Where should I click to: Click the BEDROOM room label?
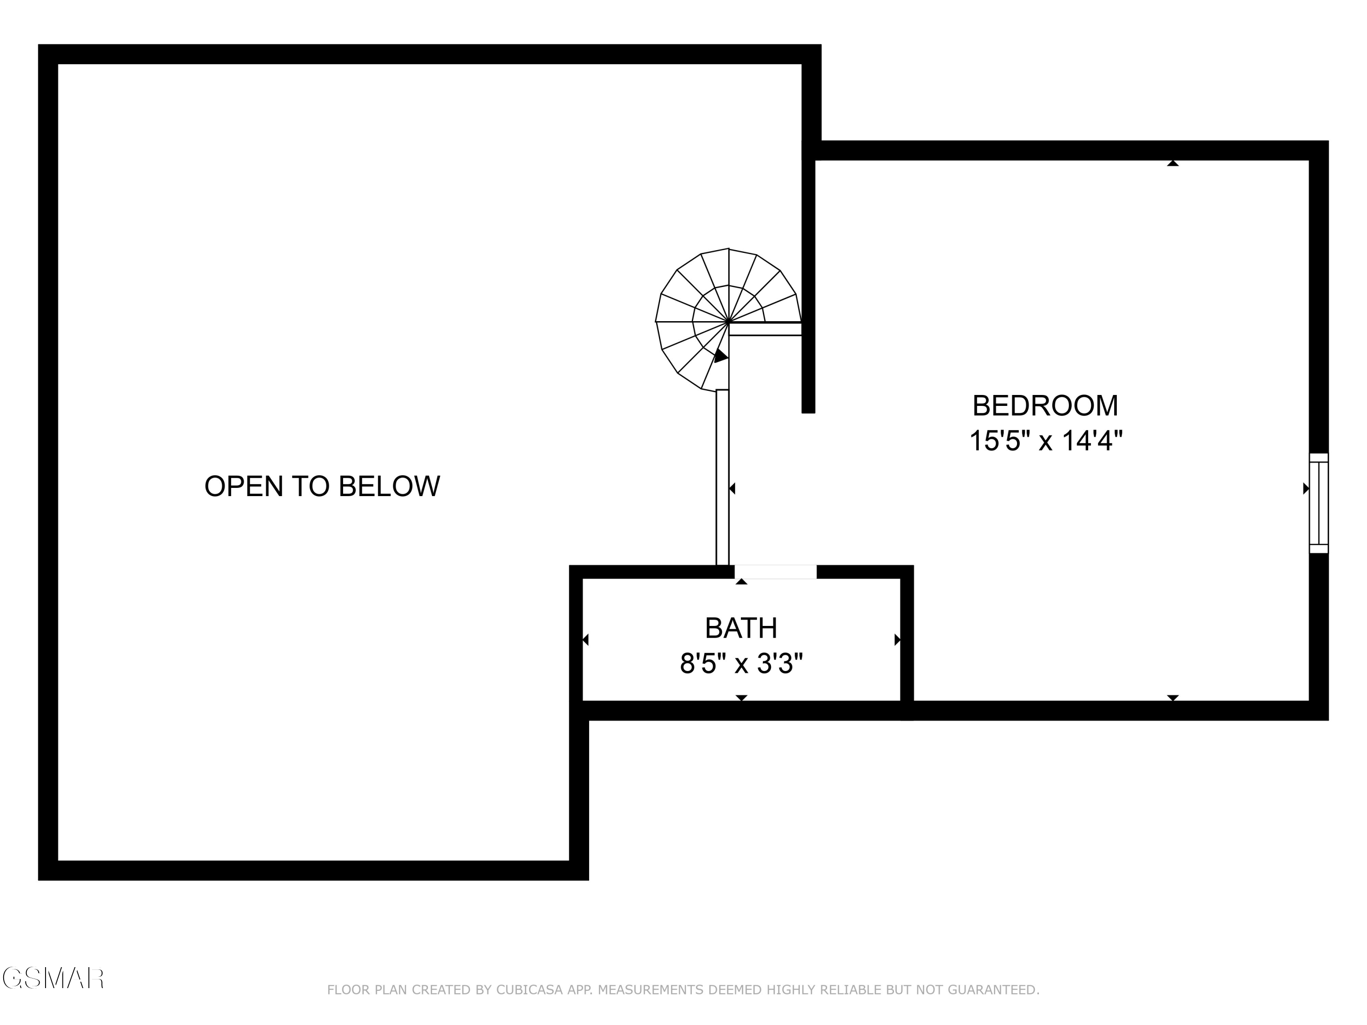[x=1045, y=406]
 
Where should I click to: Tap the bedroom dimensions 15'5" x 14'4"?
[x=1045, y=441]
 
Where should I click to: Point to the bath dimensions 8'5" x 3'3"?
[x=741, y=664]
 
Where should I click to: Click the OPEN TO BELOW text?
[x=322, y=486]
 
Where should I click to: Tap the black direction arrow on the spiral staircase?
[x=720, y=357]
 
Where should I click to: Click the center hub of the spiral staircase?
[x=729, y=322]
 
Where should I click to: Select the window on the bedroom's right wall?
[x=1318, y=503]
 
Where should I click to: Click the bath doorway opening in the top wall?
[x=775, y=572]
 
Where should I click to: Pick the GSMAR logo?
[x=52, y=978]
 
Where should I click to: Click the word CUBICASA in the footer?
[x=529, y=990]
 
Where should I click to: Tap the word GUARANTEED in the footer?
[x=992, y=990]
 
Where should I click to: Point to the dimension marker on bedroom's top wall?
[x=1173, y=164]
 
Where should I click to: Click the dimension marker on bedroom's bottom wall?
[x=1173, y=697]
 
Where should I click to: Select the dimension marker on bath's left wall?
[x=585, y=640]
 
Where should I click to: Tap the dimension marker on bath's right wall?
[x=897, y=640]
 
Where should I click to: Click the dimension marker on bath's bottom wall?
[x=741, y=697]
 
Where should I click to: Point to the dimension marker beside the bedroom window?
[x=1305, y=489]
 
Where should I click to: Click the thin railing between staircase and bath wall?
[x=722, y=477]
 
